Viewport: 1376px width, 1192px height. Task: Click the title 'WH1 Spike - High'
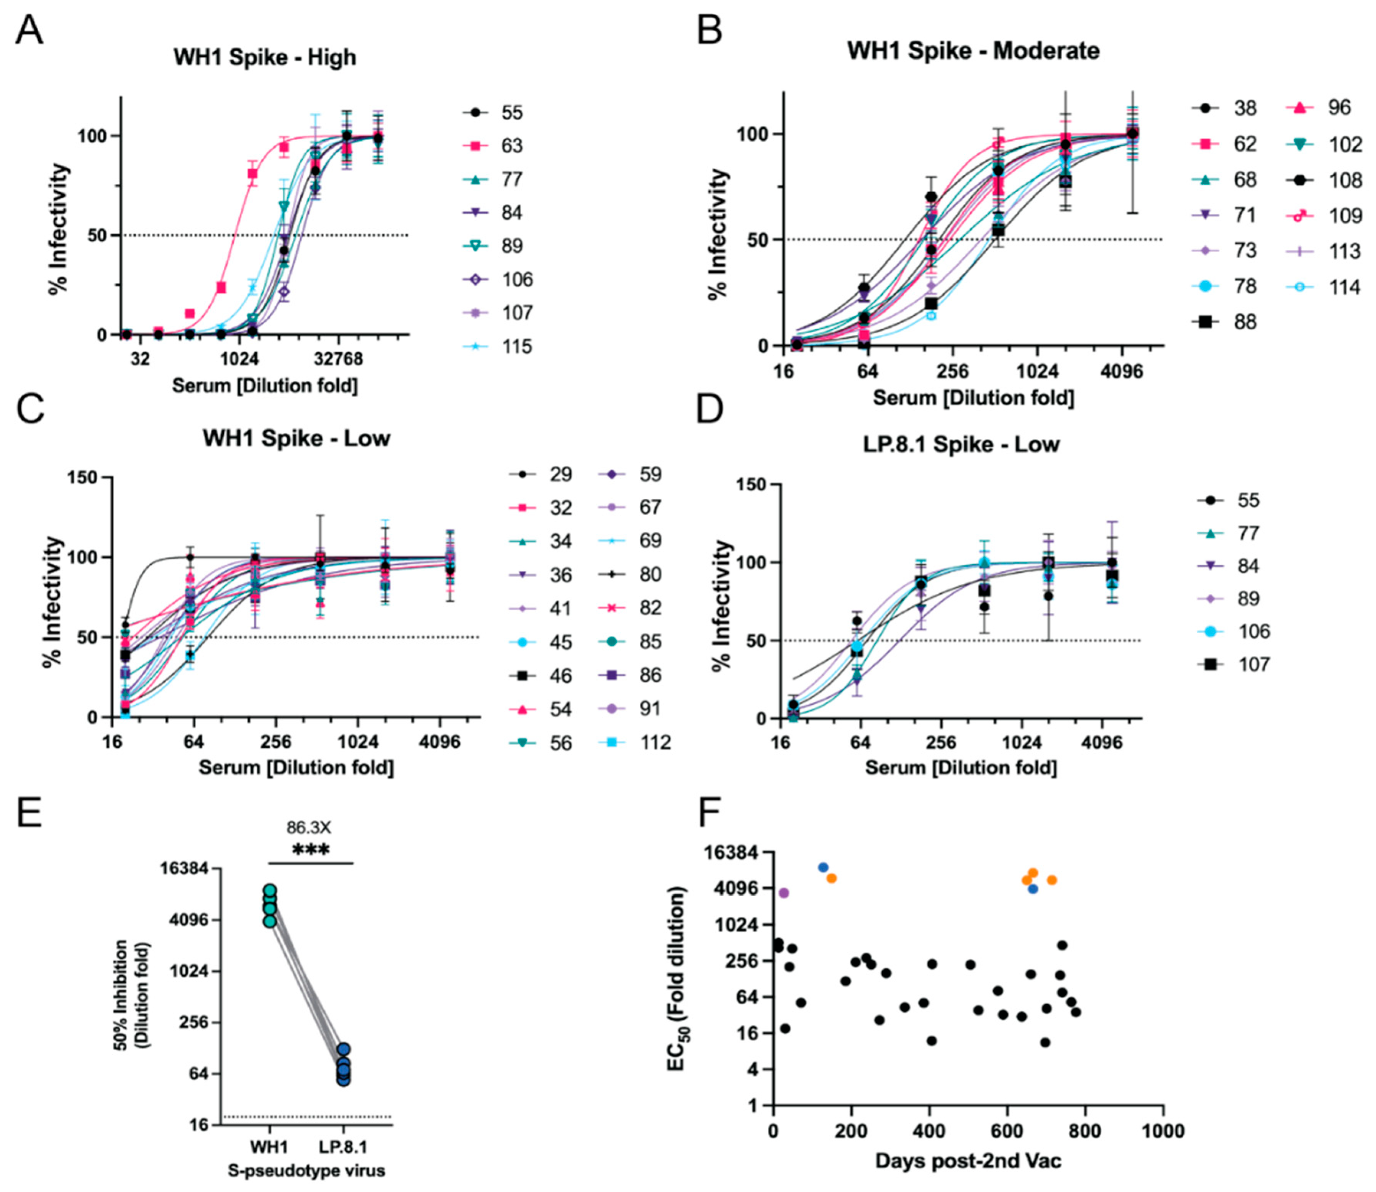(x=265, y=58)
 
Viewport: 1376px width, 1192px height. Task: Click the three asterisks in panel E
(x=310, y=850)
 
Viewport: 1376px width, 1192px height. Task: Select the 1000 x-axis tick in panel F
(x=1162, y=1131)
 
